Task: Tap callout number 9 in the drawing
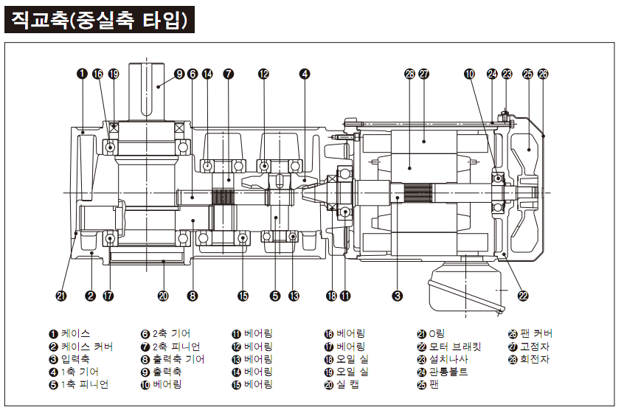tap(178, 74)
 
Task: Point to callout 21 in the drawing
tap(61, 296)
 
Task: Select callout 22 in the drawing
tap(523, 296)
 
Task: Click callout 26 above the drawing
tap(543, 74)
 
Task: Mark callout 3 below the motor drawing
tap(398, 296)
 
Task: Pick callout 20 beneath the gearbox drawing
tap(163, 296)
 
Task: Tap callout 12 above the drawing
tap(264, 74)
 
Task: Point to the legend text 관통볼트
tap(448, 372)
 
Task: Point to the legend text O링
tap(438, 334)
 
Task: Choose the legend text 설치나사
tap(448, 359)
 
